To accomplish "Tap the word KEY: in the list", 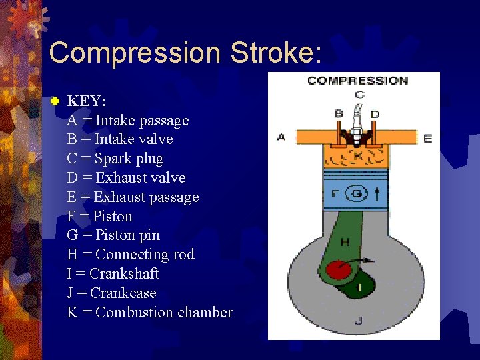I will point(86,101).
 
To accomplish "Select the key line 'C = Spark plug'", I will point(115,159).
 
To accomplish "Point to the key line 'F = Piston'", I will point(100,216).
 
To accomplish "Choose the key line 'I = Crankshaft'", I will point(113,274).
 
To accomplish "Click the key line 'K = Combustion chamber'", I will point(150,312).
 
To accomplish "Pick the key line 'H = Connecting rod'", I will point(131,255).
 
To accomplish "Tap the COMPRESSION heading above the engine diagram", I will point(357,81).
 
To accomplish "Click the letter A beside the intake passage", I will point(281,137).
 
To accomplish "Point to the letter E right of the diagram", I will point(427,138).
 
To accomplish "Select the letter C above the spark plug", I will point(359,95).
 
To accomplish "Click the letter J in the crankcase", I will point(359,321).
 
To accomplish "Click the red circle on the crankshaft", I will point(338,270).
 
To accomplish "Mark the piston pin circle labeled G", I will point(357,195).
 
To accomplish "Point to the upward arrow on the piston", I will point(378,194).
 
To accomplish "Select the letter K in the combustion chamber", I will point(358,157).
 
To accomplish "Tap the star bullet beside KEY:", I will point(55,101).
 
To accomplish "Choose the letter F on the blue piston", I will point(335,195).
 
